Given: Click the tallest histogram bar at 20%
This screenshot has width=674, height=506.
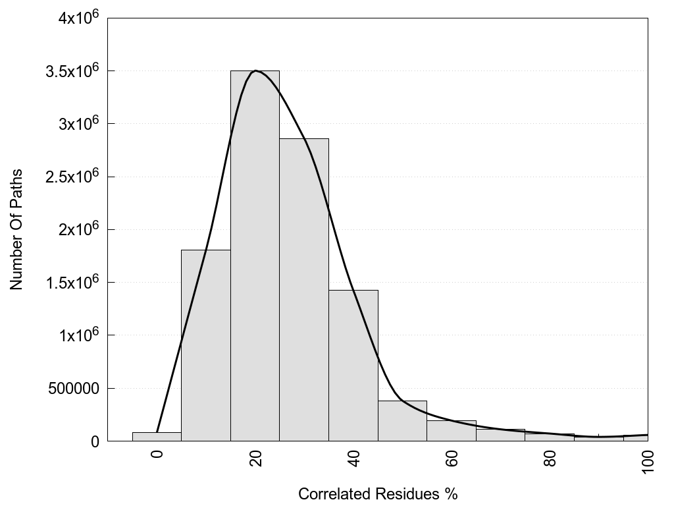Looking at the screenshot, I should pyautogui.click(x=255, y=264).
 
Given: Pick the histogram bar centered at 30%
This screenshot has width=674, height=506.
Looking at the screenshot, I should pyautogui.click(x=304, y=290).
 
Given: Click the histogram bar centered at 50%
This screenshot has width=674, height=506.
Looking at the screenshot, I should pyautogui.click(x=402, y=421).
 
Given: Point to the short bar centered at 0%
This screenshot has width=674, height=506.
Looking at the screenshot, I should pyautogui.click(x=157, y=437).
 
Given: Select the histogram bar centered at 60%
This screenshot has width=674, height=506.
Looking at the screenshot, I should pyautogui.click(x=452, y=431).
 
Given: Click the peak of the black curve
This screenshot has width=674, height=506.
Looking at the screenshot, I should pyautogui.click(x=255, y=70).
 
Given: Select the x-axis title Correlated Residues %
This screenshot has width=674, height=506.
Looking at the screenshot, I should pyautogui.click(x=377, y=493).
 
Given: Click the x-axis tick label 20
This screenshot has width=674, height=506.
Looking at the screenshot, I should pyautogui.click(x=256, y=457).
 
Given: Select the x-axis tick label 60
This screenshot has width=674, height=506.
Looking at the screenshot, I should pyautogui.click(x=452, y=457).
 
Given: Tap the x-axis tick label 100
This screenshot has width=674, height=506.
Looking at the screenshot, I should pyautogui.click(x=648, y=460).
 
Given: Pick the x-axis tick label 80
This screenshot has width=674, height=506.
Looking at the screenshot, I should pyautogui.click(x=550, y=457).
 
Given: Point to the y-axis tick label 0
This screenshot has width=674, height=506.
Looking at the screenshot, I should pyautogui.click(x=94, y=441).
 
